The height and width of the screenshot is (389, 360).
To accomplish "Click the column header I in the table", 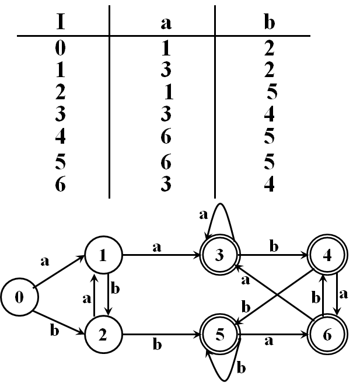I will coord(60,23).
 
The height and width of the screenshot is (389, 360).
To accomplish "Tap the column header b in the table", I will coord(269,23).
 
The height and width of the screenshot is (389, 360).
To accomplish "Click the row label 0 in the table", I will coord(60,48).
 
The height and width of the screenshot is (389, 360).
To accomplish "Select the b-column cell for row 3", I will coord(269,114).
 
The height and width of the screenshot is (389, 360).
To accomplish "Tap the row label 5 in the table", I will coord(60,161).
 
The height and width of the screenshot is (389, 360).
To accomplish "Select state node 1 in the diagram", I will coord(103,255).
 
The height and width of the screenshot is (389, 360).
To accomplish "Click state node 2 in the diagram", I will coord(103,336).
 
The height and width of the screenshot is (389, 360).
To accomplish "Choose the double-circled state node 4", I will coord(328,255).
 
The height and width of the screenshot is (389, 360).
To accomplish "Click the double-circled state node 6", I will coord(328,336).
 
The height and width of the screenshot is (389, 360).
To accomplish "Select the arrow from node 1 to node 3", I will coord(160,255).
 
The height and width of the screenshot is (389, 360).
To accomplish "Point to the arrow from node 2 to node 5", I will coord(160,336).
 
